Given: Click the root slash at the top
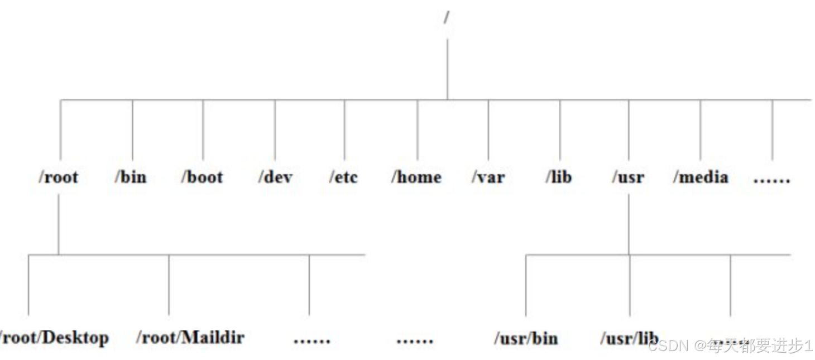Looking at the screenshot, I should click(447, 18).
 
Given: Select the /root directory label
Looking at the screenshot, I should click(58, 177).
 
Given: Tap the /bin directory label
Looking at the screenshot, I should click(131, 177).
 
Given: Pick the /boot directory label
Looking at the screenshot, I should click(202, 177).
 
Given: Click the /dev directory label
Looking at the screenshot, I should click(275, 177).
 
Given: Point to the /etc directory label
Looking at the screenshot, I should click(343, 177).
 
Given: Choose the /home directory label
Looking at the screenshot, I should click(416, 177).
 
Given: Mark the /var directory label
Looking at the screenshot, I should click(488, 177).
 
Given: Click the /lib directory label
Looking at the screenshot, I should click(559, 177).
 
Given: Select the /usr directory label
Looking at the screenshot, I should click(628, 177).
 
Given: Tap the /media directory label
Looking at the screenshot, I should click(701, 177).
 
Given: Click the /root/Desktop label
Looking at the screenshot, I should click(54, 338).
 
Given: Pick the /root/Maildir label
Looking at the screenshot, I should click(190, 337).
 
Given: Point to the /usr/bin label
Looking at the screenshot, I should click(526, 338).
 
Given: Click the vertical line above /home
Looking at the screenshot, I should click(418, 130).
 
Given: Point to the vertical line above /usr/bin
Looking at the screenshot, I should click(526, 285).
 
